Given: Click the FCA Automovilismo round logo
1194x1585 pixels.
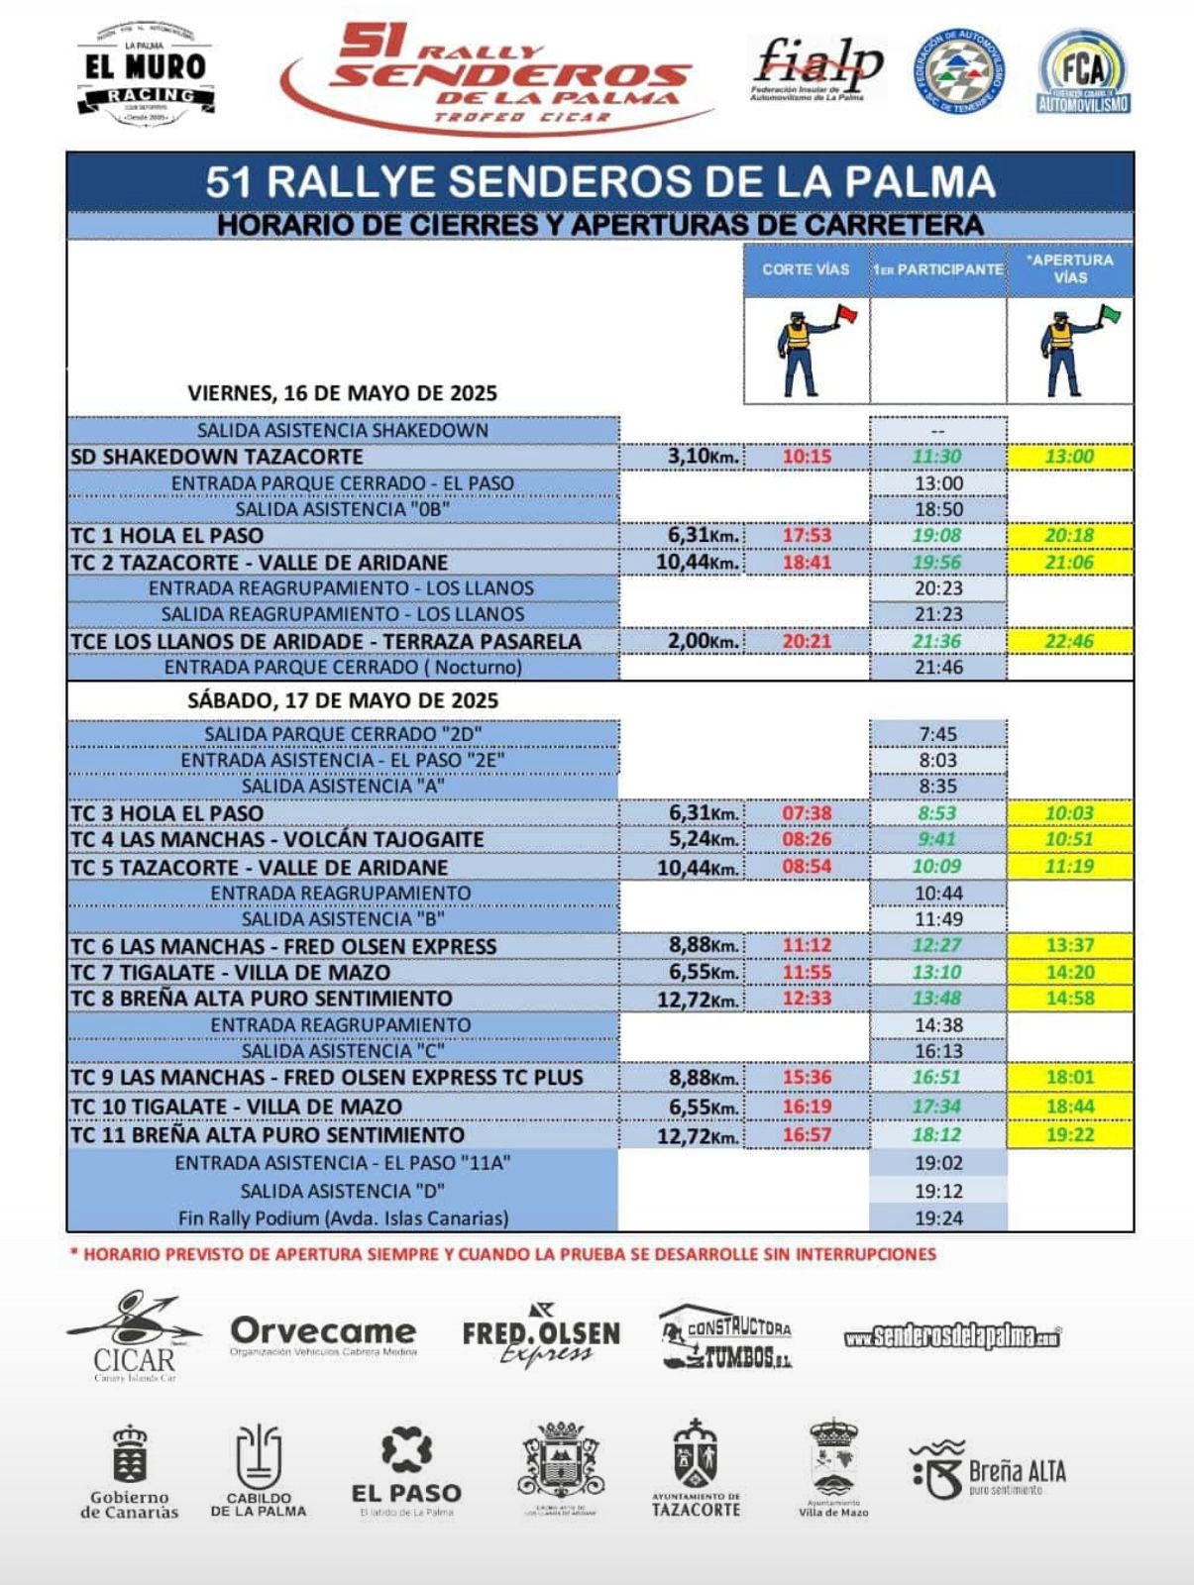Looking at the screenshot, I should [x=1084, y=72].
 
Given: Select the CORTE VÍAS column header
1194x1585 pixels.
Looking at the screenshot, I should [x=806, y=269].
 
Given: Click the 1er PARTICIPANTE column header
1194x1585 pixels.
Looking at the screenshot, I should [x=937, y=269].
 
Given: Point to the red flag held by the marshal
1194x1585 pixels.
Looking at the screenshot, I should [x=847, y=316].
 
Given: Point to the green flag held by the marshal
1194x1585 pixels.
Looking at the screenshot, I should [x=1109, y=316].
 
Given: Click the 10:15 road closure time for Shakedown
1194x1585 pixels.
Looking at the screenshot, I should [x=807, y=457].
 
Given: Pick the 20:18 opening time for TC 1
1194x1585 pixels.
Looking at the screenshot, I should [x=1069, y=536].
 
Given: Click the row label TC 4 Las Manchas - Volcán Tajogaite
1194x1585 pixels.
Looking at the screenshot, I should [x=277, y=840].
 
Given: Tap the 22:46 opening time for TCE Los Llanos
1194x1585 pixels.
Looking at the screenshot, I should [x=1069, y=641].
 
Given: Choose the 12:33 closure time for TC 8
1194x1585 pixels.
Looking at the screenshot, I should [x=807, y=999].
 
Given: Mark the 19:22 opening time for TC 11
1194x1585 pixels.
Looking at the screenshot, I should [x=1069, y=1135].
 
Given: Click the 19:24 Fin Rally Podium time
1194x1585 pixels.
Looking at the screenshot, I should [x=937, y=1218].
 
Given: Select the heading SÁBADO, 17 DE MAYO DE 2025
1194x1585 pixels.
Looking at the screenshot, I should [x=343, y=700].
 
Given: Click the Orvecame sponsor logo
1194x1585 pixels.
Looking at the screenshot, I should [x=323, y=1334].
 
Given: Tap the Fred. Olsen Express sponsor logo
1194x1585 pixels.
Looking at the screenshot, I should [x=541, y=1336].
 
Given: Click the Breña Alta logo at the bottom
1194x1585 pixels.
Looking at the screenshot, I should [x=988, y=1470].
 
